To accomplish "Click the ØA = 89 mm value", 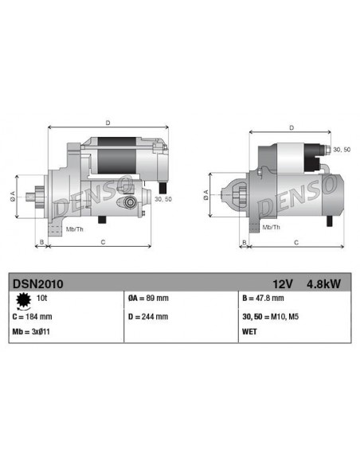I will point(148,298).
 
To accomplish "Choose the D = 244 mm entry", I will point(148,316).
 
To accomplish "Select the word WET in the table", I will point(250,330).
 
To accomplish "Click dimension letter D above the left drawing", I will point(108,122).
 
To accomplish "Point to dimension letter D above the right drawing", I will point(292,127).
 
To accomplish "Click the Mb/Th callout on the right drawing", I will point(271,227).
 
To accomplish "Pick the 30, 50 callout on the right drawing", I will point(341,149).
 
